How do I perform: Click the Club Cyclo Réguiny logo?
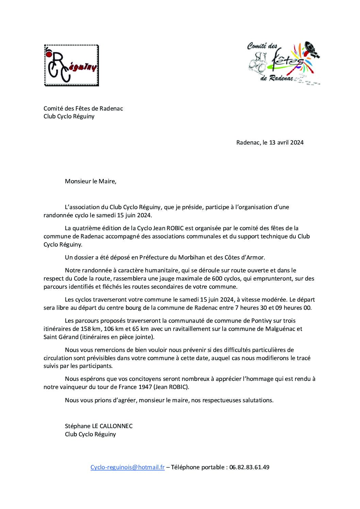[71, 66]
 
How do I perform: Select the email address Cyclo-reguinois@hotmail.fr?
[128, 467]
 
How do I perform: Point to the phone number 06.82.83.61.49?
[249, 467]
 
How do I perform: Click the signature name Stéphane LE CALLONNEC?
[99, 426]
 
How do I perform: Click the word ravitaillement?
[185, 329]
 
